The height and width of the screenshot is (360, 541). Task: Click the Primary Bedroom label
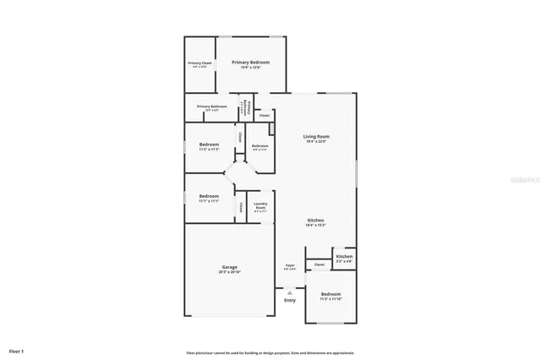(x=252, y=63)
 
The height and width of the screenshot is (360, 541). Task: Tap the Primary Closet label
(x=200, y=63)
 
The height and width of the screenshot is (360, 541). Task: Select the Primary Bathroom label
(x=212, y=106)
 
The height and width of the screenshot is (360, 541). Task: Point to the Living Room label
(x=317, y=136)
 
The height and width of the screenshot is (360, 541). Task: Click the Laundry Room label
(x=260, y=204)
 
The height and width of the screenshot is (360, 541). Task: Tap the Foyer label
(x=289, y=265)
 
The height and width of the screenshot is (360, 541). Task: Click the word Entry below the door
(x=290, y=300)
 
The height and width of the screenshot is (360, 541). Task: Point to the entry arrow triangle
(x=290, y=292)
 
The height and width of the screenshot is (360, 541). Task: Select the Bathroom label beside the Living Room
(x=260, y=146)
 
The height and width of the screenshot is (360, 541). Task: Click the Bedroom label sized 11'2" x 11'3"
(x=209, y=145)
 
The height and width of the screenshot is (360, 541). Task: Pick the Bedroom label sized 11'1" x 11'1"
(x=209, y=196)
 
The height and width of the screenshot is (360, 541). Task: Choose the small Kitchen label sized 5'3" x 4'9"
(x=344, y=256)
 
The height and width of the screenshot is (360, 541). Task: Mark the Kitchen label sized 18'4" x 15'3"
(x=314, y=221)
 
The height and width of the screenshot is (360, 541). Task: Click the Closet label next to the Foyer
(x=319, y=265)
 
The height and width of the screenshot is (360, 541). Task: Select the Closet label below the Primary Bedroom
(x=265, y=115)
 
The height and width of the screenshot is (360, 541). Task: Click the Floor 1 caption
(x=17, y=350)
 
